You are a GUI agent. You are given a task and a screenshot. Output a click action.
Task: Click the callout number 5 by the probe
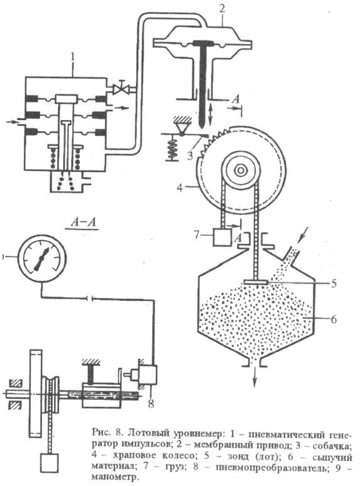point(333,282)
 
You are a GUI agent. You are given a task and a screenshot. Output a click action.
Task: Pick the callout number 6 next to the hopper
point(334,319)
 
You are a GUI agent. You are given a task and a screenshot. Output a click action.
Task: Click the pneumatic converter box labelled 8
point(146,375)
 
